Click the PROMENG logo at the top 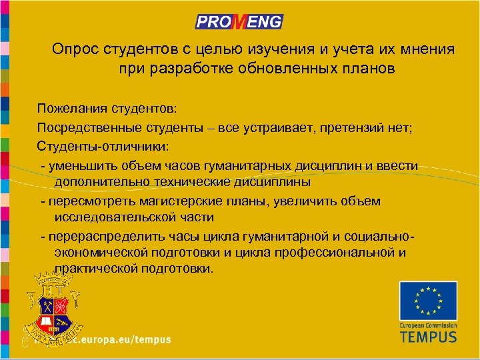(239, 22)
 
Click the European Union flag (428, 301)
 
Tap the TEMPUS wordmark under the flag (428, 335)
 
